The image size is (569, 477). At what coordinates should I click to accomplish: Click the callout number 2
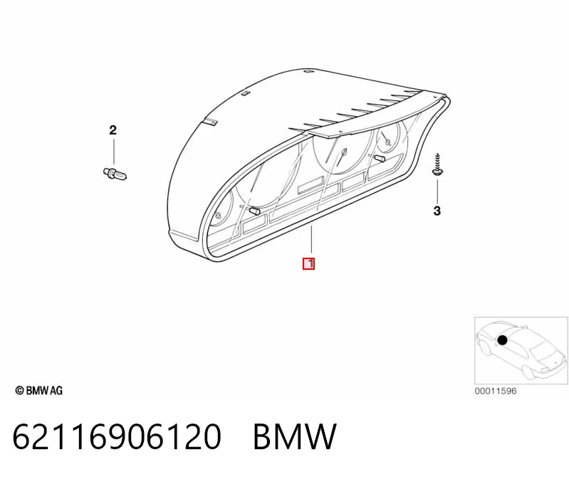coord(113,130)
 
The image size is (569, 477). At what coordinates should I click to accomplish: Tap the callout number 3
coord(437,211)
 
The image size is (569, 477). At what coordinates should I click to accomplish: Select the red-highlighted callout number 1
coord(309,263)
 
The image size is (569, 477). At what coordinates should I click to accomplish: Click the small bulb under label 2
coord(115,174)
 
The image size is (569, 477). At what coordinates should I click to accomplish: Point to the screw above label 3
coord(437,165)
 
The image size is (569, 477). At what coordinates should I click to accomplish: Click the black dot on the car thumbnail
coord(502,340)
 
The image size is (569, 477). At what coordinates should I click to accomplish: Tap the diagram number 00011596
coord(496,391)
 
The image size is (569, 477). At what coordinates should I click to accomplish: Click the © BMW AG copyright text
coord(39,390)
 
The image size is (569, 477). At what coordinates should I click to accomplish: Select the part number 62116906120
coord(117,436)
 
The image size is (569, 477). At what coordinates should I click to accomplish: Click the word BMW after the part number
coord(295,436)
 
